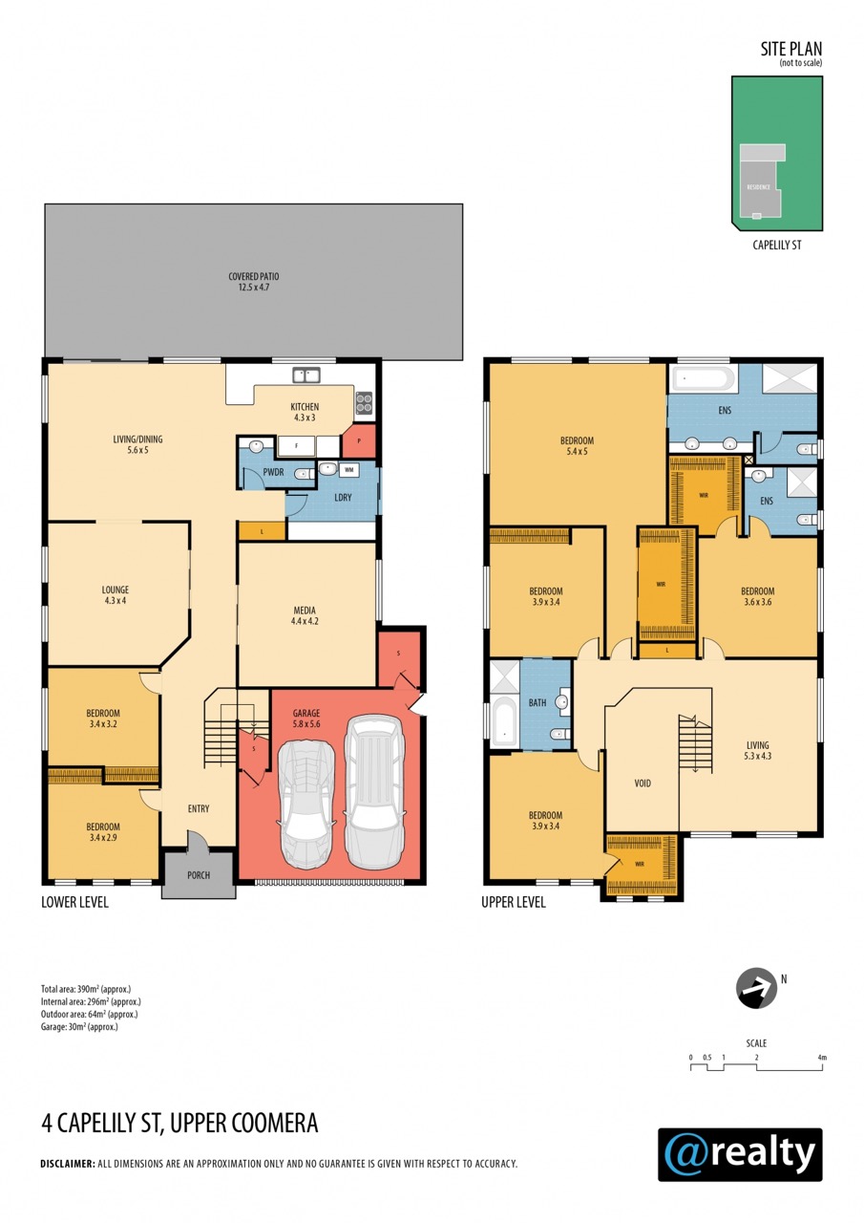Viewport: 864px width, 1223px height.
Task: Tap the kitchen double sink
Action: click(306, 375)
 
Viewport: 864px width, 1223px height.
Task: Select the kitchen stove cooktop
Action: click(364, 403)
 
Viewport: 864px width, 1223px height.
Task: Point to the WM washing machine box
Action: click(349, 469)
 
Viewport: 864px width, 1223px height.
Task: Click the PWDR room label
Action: click(273, 472)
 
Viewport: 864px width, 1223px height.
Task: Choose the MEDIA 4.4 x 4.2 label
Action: click(305, 615)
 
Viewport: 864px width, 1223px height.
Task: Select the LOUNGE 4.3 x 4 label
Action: click(116, 595)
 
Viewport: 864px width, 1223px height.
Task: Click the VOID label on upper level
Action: click(643, 783)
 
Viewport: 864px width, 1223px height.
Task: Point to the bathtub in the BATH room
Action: click(503, 721)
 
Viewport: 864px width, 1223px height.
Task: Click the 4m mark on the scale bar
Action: click(822, 1057)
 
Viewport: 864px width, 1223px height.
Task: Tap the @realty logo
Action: click(740, 1154)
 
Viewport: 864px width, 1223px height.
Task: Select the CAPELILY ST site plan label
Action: click(777, 246)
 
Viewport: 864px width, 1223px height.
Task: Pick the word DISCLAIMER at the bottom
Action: click(68, 1164)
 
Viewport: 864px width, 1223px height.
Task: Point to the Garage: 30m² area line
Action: click(79, 1026)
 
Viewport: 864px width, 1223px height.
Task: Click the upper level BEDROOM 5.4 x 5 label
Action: click(577, 445)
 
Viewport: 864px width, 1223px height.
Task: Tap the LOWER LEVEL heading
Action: click(74, 902)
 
